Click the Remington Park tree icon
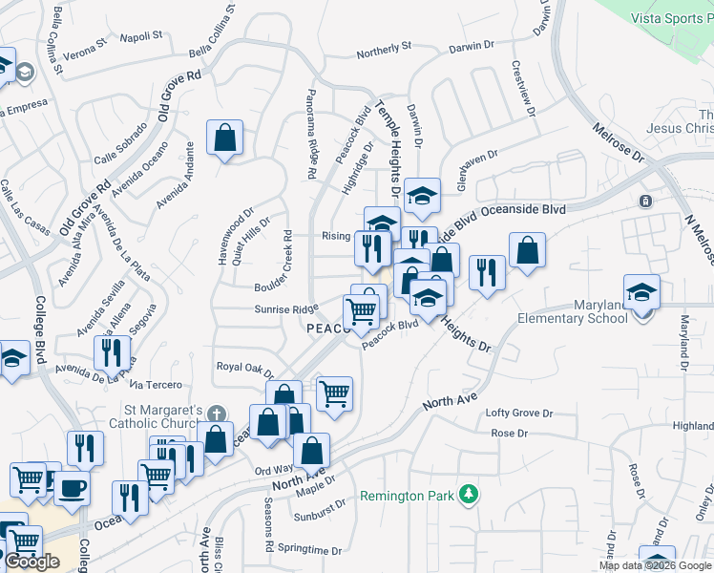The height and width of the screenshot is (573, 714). click(x=468, y=494)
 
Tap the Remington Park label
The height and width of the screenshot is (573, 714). click(x=409, y=496)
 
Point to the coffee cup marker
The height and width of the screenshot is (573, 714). click(x=71, y=488)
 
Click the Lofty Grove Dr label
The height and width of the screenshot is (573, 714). click(x=519, y=414)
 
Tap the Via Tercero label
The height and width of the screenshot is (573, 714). click(x=155, y=385)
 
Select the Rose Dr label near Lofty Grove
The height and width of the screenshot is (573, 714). click(x=509, y=434)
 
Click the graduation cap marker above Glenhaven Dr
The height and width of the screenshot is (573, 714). click(x=422, y=196)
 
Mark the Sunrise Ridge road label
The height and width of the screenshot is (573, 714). click(x=285, y=309)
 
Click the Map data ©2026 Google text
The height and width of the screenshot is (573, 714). click(x=655, y=565)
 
